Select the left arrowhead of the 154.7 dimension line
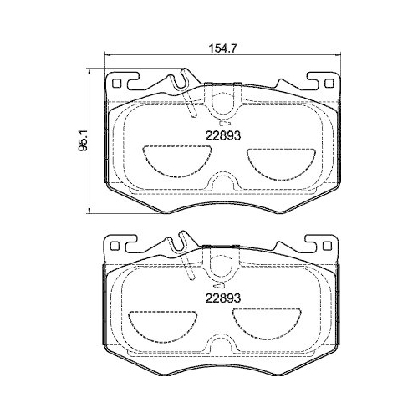(x=105, y=57)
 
